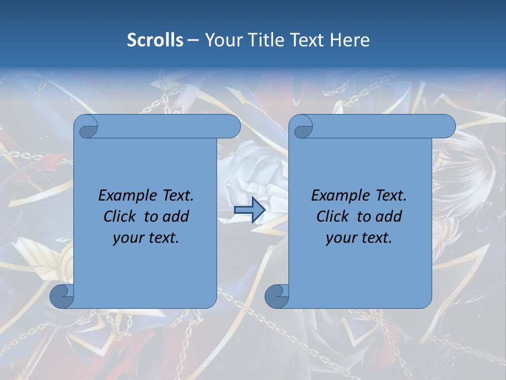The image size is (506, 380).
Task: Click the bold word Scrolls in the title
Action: coord(155,40)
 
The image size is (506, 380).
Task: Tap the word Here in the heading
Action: coord(350,40)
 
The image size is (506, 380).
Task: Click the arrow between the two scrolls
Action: coord(249,210)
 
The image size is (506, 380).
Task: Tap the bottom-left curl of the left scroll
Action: coord(62,296)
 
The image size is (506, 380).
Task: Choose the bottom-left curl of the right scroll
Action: coord(277,296)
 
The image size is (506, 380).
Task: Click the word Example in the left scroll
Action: coord(125,196)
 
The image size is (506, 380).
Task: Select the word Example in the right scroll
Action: coord(338,196)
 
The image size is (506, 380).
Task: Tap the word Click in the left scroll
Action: coord(120,216)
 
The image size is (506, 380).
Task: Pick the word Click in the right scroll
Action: coord(333,216)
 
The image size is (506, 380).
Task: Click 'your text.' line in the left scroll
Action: coord(146,237)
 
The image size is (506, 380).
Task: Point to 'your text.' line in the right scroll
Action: coord(359,237)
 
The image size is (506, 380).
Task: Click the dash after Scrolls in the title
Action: coord(193,40)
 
